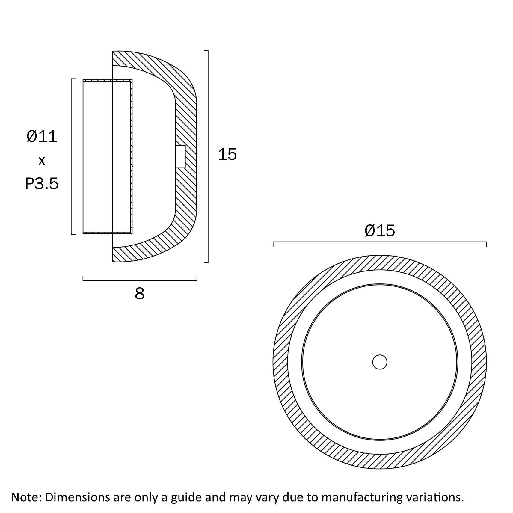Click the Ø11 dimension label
tap(42, 137)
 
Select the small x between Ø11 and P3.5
tap(42, 161)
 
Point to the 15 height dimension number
tap(227, 154)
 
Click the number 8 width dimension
tap(139, 294)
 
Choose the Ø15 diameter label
tap(380, 231)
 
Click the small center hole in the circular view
tap(380, 362)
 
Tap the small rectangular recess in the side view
tap(180, 156)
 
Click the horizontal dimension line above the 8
tap(140, 280)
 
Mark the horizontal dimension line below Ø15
tap(380, 242)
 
